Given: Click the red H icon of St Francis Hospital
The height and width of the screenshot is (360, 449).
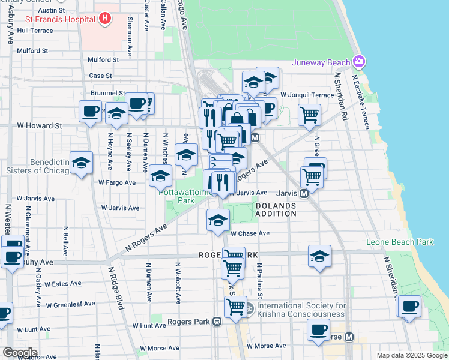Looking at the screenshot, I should (105, 19).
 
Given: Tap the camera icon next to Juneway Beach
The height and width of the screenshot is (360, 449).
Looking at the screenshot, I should (359, 62).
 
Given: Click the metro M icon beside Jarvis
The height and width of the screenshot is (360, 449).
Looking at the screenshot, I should (304, 193).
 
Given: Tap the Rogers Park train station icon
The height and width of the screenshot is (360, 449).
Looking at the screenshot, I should (216, 322).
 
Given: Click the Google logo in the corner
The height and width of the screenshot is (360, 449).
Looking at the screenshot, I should (20, 352).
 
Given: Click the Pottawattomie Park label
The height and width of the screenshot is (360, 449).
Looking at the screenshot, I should (180, 197).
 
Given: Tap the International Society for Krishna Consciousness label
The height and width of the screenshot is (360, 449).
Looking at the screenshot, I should (301, 310).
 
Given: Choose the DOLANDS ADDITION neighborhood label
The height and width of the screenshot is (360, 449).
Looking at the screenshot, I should (276, 209).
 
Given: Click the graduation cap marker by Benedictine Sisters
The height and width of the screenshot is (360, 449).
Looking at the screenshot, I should (81, 163).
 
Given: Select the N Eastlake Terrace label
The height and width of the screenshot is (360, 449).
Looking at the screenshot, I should (361, 100).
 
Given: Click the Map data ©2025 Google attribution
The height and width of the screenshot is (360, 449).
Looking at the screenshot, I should (411, 355).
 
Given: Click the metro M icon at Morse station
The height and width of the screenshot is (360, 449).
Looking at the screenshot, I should (349, 337).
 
